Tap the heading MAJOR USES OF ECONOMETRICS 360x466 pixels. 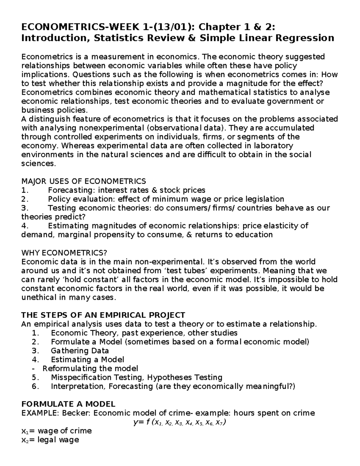point(84,181)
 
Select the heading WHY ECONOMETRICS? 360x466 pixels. point(64,252)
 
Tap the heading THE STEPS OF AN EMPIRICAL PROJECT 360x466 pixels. point(103,315)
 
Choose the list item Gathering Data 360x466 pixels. point(80,350)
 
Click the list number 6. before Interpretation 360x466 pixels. point(35,386)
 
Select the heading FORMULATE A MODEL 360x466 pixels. point(68,404)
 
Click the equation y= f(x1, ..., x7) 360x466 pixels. point(179,422)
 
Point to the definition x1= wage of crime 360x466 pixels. point(56,431)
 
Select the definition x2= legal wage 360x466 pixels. point(50,440)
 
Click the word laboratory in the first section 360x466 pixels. point(273,146)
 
